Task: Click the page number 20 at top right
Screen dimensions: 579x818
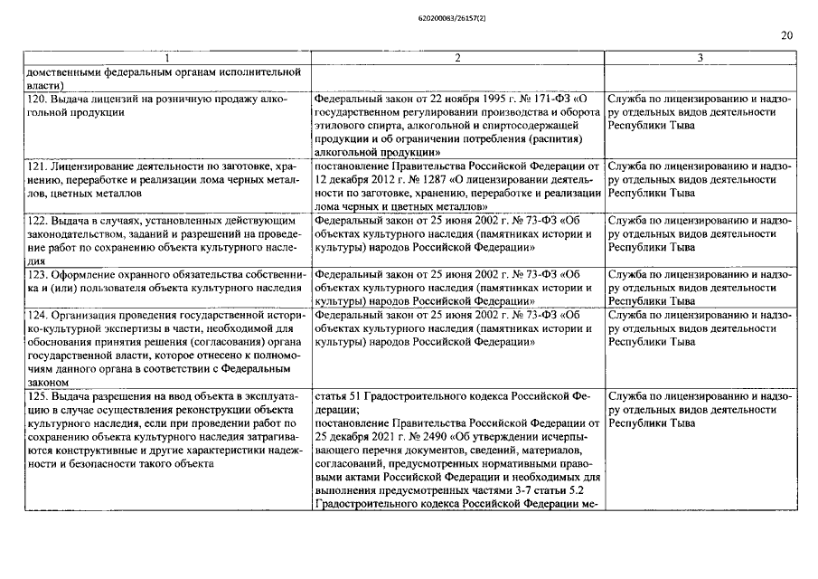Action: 786,35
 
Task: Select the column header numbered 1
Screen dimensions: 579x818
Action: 165,58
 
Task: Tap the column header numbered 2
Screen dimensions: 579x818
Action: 457,58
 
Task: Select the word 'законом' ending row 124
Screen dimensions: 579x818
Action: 47,383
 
